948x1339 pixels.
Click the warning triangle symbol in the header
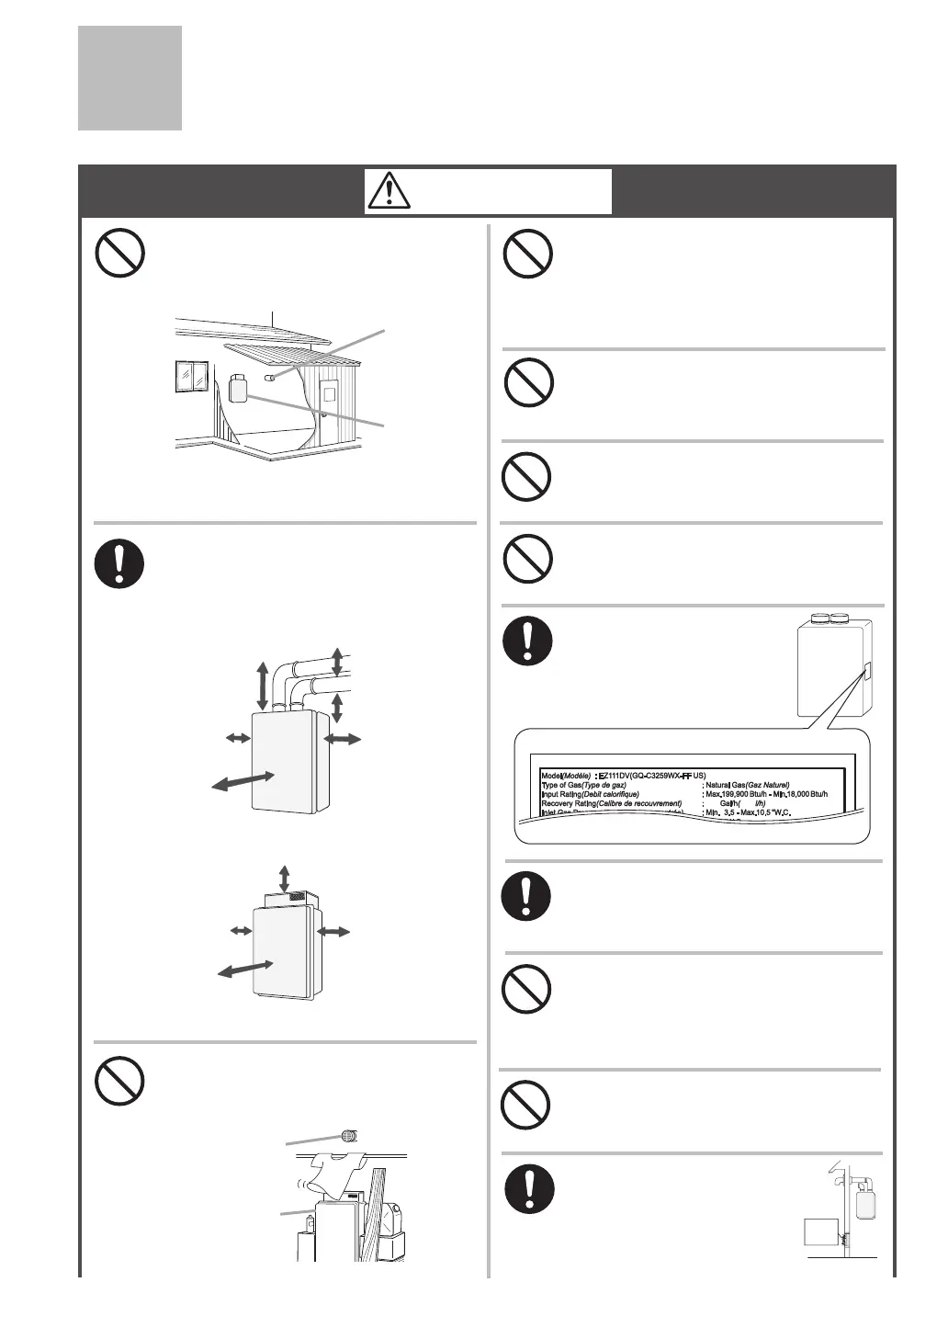392,190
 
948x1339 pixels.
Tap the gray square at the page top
130,78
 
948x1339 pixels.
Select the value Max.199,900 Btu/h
735,794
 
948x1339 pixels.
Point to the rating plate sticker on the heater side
864,675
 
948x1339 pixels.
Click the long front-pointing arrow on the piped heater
243,780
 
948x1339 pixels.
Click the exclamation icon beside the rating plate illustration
527,640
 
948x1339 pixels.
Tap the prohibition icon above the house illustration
120,253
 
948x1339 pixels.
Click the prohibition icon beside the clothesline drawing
120,1081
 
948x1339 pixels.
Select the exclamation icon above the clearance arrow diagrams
120,562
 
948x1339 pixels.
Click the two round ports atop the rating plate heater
829,618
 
